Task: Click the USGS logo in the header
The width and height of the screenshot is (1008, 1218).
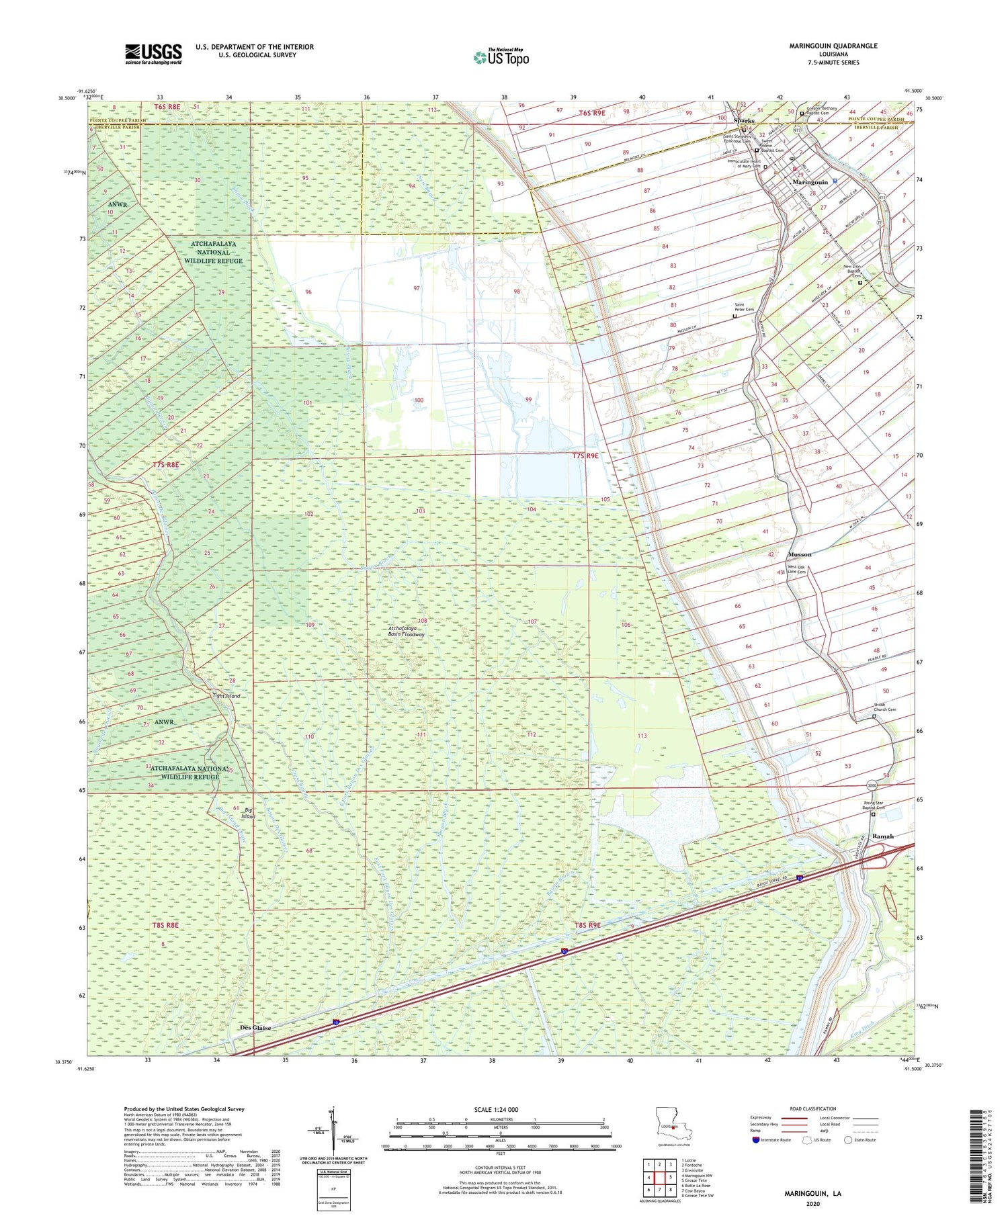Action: point(153,54)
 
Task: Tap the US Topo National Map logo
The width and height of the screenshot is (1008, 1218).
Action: point(501,57)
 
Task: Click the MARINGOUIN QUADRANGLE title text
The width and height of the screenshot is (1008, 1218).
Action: point(833,46)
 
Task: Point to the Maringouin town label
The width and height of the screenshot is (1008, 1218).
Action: point(810,182)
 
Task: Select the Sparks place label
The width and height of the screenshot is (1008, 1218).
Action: point(744,121)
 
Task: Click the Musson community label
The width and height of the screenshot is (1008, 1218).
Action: point(800,554)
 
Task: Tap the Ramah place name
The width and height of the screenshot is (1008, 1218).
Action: point(882,836)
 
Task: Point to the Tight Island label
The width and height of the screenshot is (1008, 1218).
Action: point(226,696)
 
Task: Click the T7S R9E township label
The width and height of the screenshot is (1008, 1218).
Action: point(585,455)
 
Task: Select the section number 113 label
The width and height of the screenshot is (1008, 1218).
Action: point(642,736)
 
